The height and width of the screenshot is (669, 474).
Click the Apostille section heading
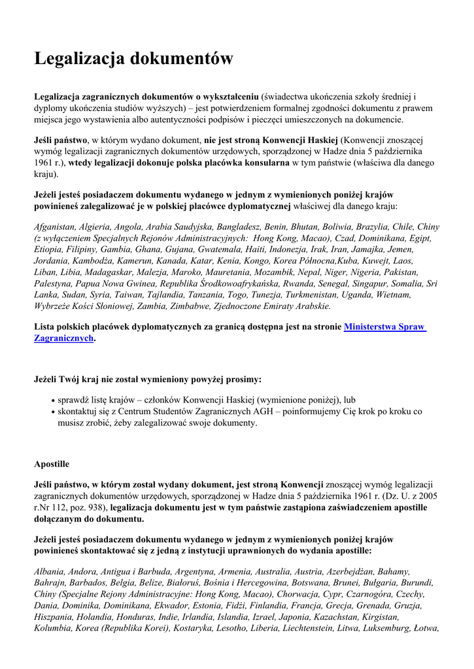point(52,464)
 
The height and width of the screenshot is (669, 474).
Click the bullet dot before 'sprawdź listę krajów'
point(52,400)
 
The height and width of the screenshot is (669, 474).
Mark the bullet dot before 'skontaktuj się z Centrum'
point(52,412)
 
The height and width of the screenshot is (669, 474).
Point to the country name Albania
point(50,572)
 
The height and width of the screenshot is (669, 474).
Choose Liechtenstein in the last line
point(310,628)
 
